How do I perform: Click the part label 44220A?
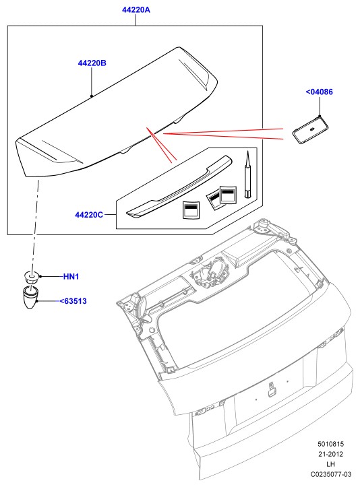[x=136, y=10]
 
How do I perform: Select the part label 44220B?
[x=92, y=63]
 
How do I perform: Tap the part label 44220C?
[x=89, y=215]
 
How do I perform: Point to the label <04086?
[x=320, y=92]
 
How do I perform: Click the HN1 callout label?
[x=71, y=276]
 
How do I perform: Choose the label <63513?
[x=73, y=301]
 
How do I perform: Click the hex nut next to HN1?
[x=31, y=277]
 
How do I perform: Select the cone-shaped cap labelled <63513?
[x=30, y=298]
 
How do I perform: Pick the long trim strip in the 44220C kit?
[x=179, y=187]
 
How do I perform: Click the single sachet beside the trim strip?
[x=191, y=210]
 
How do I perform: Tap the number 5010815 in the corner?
[x=331, y=444]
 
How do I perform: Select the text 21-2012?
[x=331, y=454]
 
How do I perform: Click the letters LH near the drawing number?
[x=330, y=464]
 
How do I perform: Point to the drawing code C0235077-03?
[x=331, y=474]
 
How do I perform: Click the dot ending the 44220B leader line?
[x=92, y=96]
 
